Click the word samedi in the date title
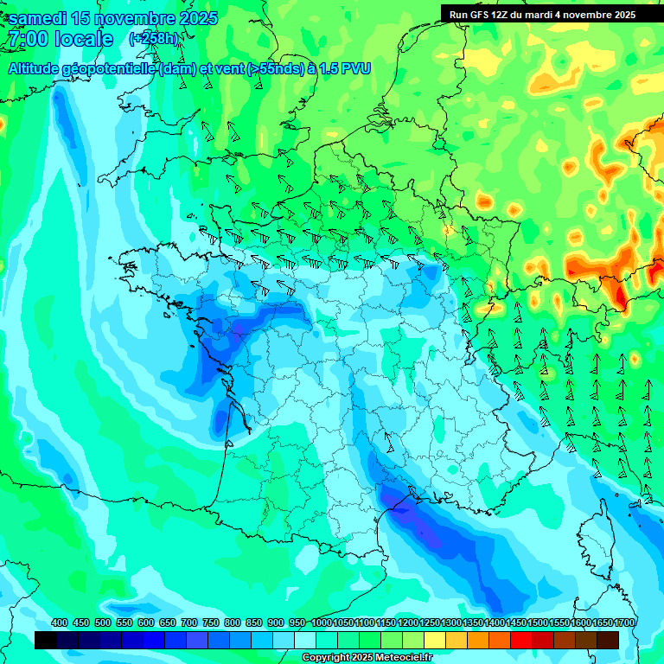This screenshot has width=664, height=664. tap(39, 18)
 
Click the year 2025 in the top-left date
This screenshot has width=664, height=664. tap(194, 18)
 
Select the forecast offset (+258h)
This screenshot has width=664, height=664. tap(154, 39)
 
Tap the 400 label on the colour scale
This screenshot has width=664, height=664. tap(60, 622)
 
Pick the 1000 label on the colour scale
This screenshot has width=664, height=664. tap(321, 622)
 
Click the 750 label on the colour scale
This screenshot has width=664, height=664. tap(211, 622)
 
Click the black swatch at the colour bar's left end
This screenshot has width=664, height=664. tap(46, 640)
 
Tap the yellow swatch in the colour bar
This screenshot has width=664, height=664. tap(435, 640)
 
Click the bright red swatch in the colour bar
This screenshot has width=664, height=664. tap(521, 640)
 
